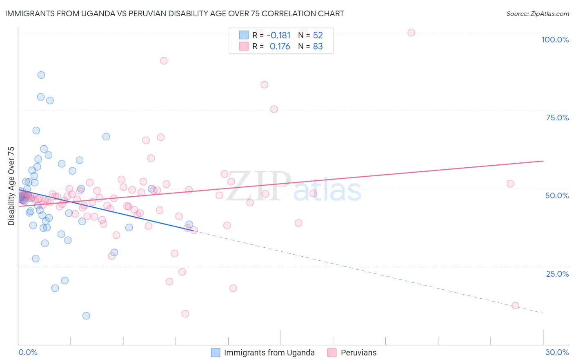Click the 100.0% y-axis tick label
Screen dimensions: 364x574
(555, 40)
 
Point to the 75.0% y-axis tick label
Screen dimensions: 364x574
(557, 118)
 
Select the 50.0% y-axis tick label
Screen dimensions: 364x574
(557, 195)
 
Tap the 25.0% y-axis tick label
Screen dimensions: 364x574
(557, 274)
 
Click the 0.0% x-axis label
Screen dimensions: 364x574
(28, 352)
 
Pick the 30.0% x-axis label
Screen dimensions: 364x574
(557, 352)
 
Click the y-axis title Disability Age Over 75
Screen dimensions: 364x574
(11, 186)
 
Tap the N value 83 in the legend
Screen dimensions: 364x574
(318, 47)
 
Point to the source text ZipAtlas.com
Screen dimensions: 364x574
(537, 13)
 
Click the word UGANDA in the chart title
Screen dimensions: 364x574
(87, 13)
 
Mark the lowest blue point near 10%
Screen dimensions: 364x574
(86, 315)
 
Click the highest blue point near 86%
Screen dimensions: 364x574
(41, 75)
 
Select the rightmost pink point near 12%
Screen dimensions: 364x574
(515, 306)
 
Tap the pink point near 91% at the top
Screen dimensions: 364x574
(164, 60)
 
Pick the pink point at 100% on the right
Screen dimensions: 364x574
(411, 33)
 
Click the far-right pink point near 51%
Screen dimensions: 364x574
(510, 184)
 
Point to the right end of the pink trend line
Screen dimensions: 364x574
(543, 161)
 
